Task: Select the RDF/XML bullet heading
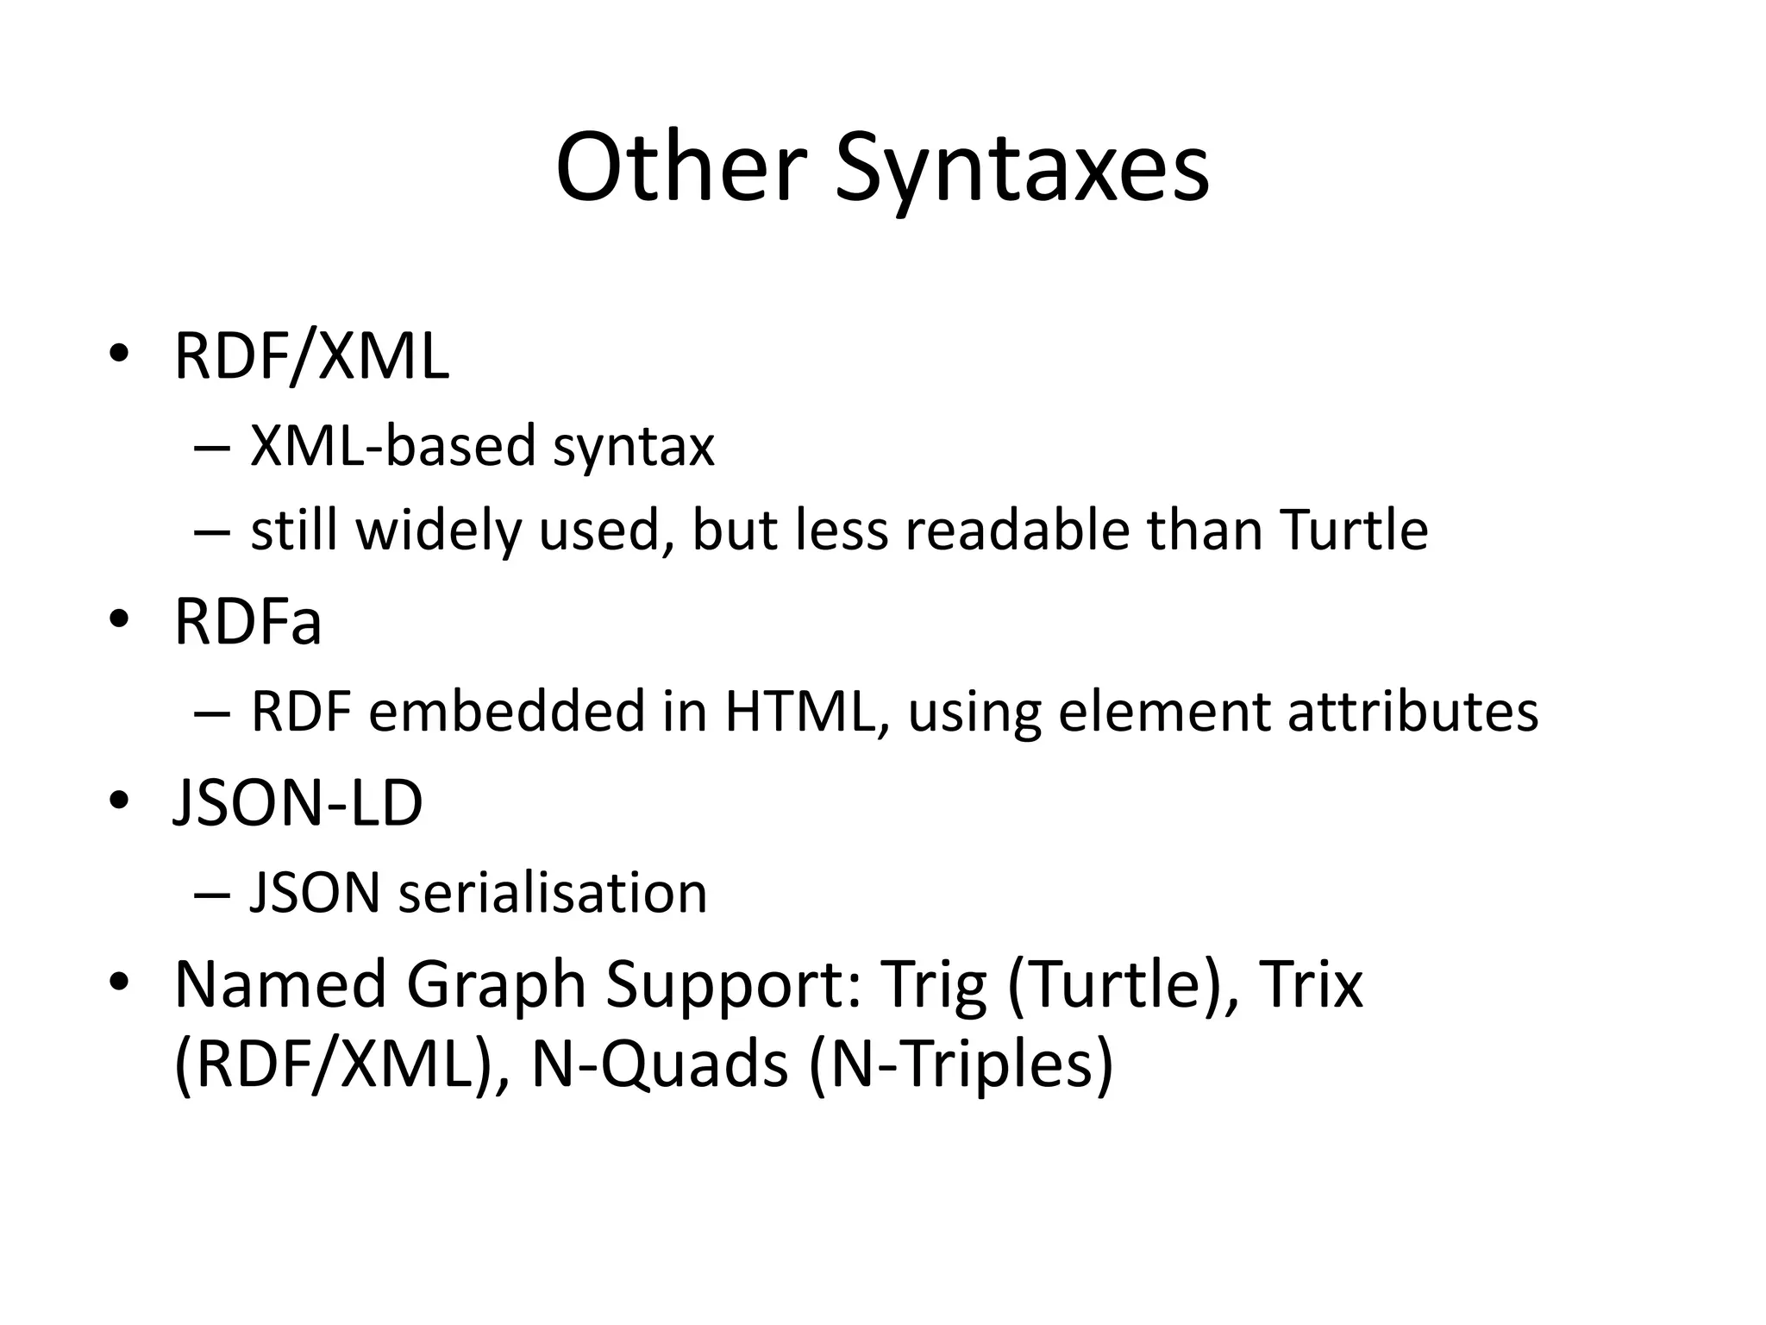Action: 311,356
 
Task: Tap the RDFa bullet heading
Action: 247,622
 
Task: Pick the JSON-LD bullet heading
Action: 298,803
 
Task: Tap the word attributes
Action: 1412,712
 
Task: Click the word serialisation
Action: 553,893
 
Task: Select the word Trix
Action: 1312,984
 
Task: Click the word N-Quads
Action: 660,1065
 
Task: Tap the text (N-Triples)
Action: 961,1065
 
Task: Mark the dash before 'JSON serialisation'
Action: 211,895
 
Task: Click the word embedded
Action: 508,712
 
